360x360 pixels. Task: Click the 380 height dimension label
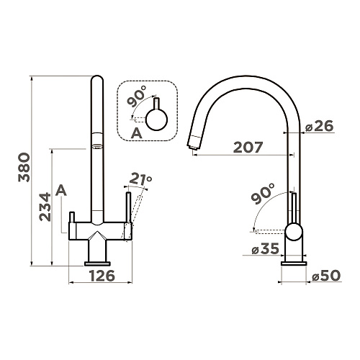[24, 167]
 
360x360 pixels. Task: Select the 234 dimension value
[45, 207]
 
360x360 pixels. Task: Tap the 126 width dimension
[102, 276]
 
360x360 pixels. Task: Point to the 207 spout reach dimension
[248, 147]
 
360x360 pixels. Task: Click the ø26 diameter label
[319, 126]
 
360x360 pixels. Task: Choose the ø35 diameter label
[266, 248]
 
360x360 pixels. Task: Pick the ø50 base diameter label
[326, 276]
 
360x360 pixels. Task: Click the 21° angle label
[141, 179]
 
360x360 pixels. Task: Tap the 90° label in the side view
[263, 193]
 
